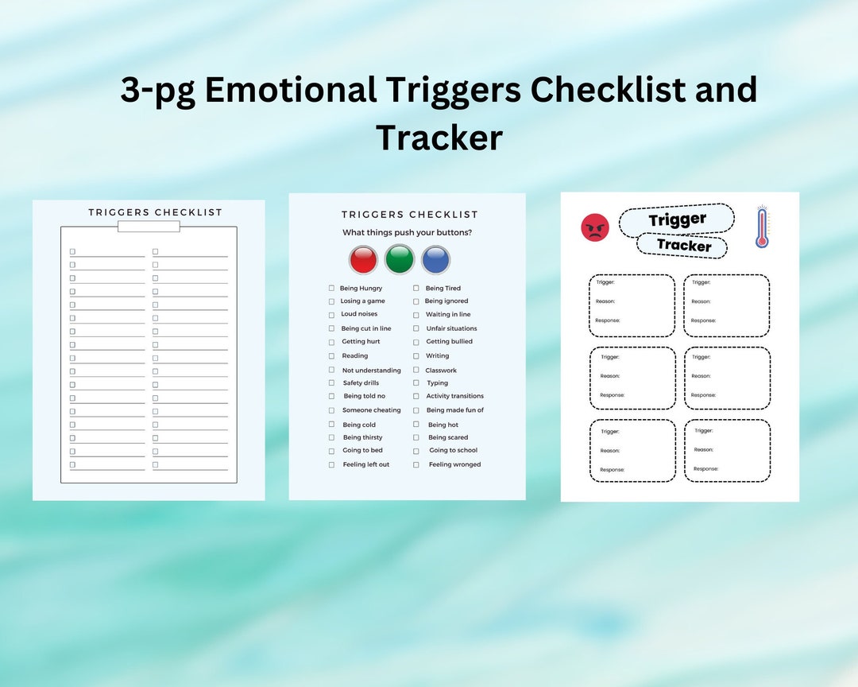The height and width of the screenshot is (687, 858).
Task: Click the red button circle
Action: (363, 260)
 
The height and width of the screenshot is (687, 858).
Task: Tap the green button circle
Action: (400, 260)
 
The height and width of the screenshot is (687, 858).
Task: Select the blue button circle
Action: (435, 260)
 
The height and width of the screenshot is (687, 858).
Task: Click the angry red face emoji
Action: (595, 227)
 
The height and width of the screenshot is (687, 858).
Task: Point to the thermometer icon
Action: (762, 227)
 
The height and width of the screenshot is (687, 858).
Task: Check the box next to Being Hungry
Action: (331, 288)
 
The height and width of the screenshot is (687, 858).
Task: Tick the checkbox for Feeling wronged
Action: (415, 464)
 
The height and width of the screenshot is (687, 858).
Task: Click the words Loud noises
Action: (359, 314)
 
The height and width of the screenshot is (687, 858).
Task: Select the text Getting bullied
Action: (449, 341)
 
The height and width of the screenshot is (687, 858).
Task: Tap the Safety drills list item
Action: (361, 382)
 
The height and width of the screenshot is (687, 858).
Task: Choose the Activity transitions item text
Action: (454, 396)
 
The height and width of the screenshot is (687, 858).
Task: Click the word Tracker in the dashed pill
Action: (684, 246)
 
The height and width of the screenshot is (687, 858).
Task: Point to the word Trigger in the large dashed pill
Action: (677, 220)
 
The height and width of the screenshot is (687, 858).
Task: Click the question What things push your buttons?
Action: (407, 232)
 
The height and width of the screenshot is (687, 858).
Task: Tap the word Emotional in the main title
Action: (291, 90)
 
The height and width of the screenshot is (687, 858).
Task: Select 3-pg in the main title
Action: (157, 90)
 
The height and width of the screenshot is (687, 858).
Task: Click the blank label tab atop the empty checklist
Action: (149, 227)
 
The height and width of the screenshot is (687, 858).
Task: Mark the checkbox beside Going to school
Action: (415, 451)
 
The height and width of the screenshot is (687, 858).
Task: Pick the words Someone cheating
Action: (371, 410)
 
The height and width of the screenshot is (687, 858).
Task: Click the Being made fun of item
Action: (454, 410)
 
